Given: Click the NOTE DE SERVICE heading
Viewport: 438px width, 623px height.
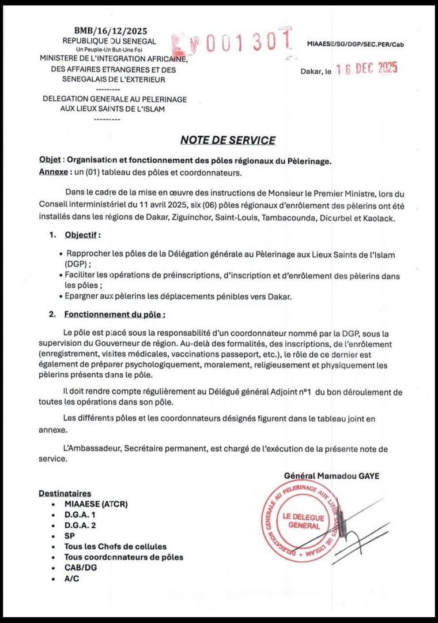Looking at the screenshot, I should pos(228,140).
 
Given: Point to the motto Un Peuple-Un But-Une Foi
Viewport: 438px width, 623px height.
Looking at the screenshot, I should pos(109,50).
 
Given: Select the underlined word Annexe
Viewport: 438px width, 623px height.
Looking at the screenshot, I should pos(52,172).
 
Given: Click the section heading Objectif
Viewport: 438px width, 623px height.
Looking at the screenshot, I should pos(82,235).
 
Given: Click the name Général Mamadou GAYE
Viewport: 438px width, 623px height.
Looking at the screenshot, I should pos(333,475).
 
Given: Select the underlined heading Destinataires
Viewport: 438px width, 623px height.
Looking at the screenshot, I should pos(65,493).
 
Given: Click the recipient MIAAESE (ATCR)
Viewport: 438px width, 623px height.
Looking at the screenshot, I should pos(96,504).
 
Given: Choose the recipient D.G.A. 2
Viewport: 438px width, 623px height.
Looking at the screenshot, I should pos(80,525).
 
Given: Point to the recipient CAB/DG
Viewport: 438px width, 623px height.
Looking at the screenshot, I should pos(81,568).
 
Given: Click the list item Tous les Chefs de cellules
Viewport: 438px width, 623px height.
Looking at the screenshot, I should pos(116,546).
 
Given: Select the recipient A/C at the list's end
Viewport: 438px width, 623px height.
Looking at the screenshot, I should pos(71,578).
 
